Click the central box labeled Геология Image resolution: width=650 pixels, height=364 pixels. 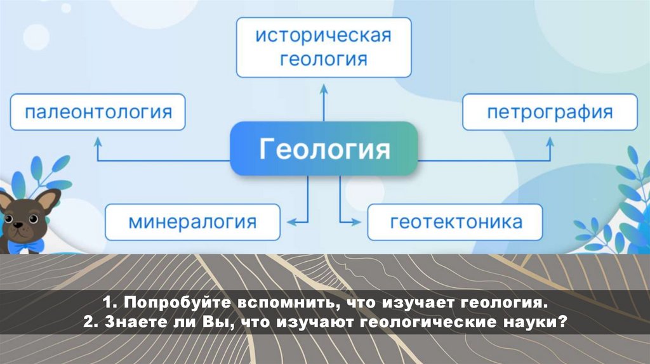click(324, 148)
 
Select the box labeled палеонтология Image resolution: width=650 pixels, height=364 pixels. click(98, 113)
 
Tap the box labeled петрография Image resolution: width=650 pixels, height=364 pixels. click(550, 113)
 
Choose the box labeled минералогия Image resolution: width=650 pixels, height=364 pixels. click(192, 222)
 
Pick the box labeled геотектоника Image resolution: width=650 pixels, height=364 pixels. click(455, 222)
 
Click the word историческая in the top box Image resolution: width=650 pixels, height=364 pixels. click(322, 35)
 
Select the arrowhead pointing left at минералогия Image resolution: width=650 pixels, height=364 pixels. click(291, 222)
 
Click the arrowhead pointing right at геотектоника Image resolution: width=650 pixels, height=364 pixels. click(355, 222)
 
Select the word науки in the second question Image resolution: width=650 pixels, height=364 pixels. click(530, 322)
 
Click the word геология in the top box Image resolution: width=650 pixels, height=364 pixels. click(324, 59)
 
